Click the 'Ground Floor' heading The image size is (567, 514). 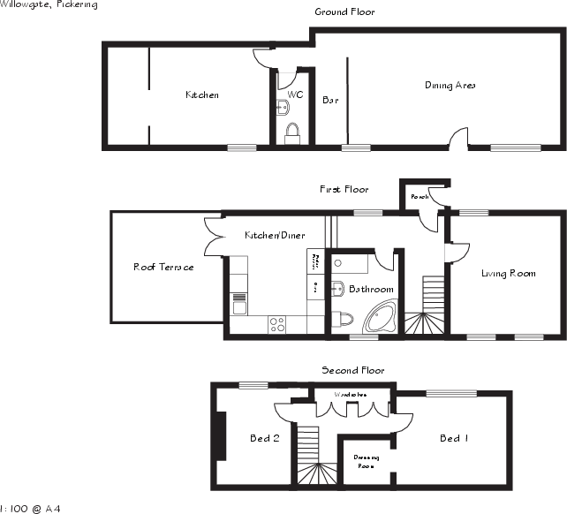pyautogui.click(x=344, y=12)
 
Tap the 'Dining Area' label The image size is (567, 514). pyautogui.click(x=450, y=86)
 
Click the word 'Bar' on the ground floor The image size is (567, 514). pyautogui.click(x=330, y=101)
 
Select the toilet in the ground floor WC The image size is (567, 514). pyautogui.click(x=293, y=132)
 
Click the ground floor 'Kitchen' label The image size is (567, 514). pyautogui.click(x=201, y=94)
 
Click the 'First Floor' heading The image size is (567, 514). pyautogui.click(x=344, y=189)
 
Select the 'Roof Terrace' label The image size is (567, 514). pyautogui.click(x=163, y=267)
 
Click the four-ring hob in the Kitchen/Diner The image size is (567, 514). pyautogui.click(x=277, y=324)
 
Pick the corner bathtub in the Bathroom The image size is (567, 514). pyautogui.click(x=381, y=316)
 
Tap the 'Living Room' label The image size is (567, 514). pyautogui.click(x=508, y=274)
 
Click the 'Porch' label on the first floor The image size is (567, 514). pyautogui.click(x=420, y=197)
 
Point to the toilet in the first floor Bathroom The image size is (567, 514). pyautogui.click(x=344, y=319)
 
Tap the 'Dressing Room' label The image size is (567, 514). pyautogui.click(x=366, y=461)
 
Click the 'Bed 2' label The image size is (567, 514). pyautogui.click(x=264, y=438)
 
